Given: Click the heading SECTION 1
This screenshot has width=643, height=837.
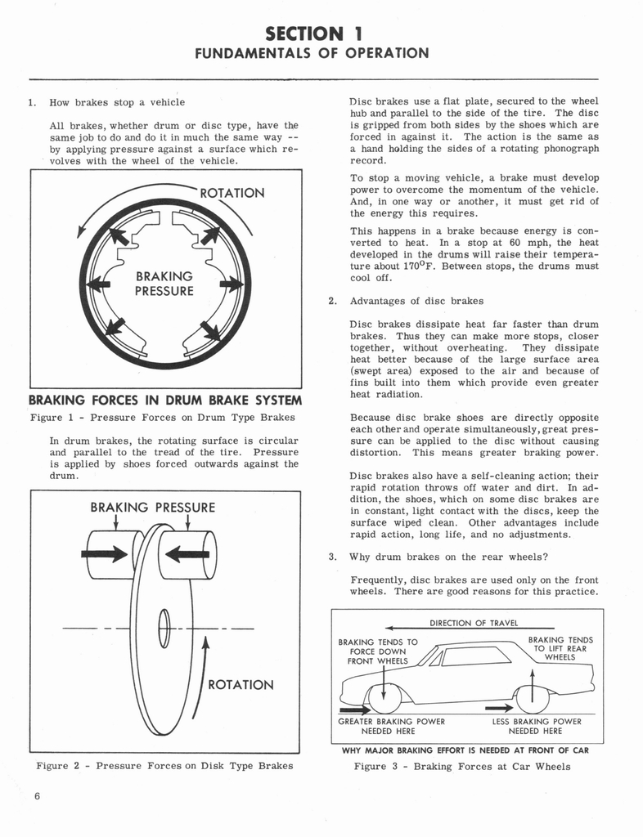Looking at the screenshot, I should click(x=314, y=34).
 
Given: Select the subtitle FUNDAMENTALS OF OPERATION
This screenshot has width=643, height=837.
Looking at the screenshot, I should click(x=311, y=54).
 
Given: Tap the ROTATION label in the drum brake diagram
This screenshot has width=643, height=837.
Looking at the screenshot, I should click(x=232, y=193).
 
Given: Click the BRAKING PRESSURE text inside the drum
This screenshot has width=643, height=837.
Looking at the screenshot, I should click(x=164, y=284).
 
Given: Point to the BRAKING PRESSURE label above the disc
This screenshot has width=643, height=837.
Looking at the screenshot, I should click(x=153, y=507).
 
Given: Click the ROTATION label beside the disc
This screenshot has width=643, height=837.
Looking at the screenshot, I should click(x=241, y=685).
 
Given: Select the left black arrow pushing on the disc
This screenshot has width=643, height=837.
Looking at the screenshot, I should click(x=105, y=554).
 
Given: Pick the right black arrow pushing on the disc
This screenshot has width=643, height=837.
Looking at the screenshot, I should click(x=187, y=554).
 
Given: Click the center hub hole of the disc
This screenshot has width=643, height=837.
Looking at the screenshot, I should click(x=164, y=629).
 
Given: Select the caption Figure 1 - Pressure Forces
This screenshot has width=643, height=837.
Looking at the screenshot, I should click(x=163, y=418).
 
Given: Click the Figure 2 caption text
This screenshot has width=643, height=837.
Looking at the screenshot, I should click(x=164, y=766).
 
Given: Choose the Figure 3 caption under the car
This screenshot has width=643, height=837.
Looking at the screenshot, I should click(x=462, y=766).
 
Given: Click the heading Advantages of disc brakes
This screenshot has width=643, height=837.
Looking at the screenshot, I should click(x=416, y=301).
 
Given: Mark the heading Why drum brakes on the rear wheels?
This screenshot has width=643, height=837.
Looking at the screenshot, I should click(x=438, y=557).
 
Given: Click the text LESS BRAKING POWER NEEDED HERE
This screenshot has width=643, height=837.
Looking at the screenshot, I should click(x=537, y=726).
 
